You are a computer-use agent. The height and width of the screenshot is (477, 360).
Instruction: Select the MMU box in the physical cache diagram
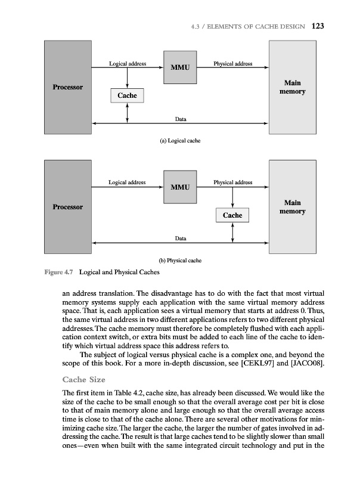click(180, 187)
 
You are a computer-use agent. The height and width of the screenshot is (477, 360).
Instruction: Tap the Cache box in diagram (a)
click(128, 95)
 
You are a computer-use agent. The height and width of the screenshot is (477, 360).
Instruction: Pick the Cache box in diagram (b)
click(232, 215)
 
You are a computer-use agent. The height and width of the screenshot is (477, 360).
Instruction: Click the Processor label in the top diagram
click(68, 88)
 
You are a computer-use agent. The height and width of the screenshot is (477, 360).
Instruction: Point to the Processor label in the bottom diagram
click(68, 207)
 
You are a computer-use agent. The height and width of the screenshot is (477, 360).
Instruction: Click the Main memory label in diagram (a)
click(292, 88)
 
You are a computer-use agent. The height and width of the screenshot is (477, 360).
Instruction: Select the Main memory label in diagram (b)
click(292, 207)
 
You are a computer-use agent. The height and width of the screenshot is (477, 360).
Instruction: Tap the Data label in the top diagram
click(180, 119)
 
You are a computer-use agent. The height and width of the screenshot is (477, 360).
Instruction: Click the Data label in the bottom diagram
click(180, 238)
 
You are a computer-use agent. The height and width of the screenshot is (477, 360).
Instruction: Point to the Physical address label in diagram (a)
click(232, 63)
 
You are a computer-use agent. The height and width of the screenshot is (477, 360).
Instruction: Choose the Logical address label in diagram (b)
click(127, 182)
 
